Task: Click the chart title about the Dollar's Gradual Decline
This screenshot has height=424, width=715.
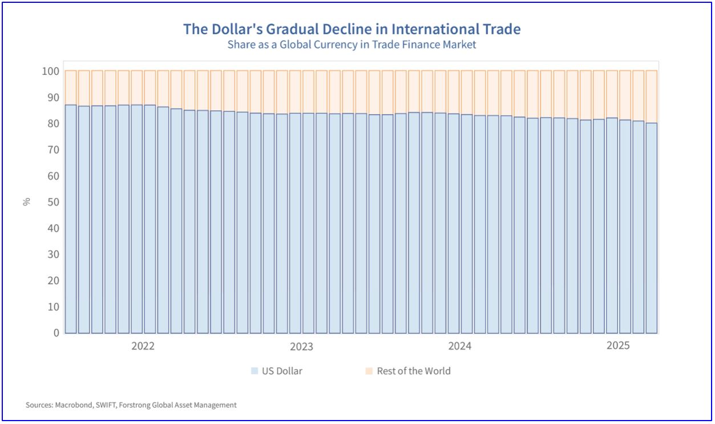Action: click(x=352, y=29)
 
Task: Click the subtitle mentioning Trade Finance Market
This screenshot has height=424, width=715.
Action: click(x=352, y=45)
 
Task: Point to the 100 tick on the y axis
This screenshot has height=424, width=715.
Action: click(x=50, y=71)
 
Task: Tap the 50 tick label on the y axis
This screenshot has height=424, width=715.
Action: click(x=52, y=202)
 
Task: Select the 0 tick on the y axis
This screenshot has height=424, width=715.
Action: click(x=55, y=333)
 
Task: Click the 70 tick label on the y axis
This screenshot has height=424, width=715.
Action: click(x=52, y=150)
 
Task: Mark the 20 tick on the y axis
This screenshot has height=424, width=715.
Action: click(x=52, y=281)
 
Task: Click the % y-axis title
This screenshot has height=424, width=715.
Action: click(x=26, y=202)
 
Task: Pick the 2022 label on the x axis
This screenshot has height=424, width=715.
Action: click(x=143, y=346)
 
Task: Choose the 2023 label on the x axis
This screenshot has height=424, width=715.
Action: click(x=301, y=346)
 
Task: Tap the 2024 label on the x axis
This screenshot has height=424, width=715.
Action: click(x=459, y=346)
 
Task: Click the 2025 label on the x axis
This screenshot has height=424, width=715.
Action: click(x=618, y=346)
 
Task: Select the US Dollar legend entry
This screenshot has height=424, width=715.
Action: click(x=282, y=371)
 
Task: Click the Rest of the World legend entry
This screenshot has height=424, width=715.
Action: click(x=414, y=371)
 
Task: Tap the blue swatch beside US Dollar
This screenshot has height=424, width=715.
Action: click(x=255, y=371)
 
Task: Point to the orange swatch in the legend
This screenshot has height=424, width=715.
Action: click(x=369, y=371)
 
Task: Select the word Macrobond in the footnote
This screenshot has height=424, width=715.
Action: click(x=70, y=405)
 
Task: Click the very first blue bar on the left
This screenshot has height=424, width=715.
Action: click(x=71, y=217)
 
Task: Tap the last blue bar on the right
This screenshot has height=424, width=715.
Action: click(x=651, y=228)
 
